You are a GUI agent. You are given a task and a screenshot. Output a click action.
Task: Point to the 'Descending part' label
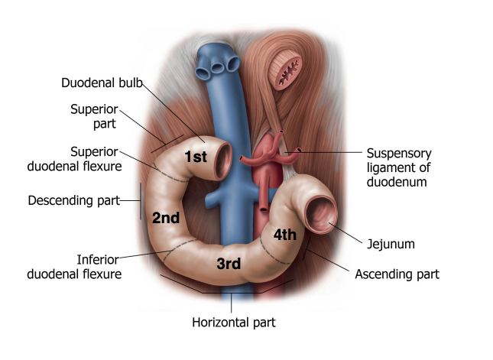tap(74, 201)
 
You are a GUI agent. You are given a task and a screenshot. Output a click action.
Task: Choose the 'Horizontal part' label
tap(233, 322)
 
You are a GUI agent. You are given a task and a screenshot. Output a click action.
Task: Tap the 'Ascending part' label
tap(397, 273)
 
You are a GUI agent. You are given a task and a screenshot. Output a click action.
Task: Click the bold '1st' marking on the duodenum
tap(196, 157)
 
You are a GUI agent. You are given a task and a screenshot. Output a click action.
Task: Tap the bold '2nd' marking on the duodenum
tap(165, 218)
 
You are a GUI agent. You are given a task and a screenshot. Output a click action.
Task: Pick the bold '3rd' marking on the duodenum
tap(229, 264)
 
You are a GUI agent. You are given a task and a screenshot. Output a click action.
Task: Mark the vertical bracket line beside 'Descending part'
tap(141, 201)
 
